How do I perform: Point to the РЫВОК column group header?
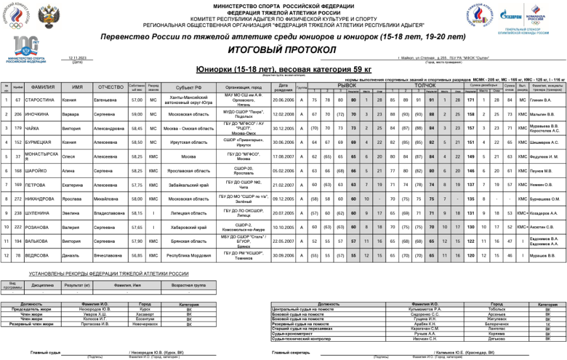346,84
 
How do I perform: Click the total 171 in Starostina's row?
469,100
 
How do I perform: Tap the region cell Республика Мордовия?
189,256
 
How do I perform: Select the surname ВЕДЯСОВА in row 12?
44,256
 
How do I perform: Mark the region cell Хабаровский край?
189,228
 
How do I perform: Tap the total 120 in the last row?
469,256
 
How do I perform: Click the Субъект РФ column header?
189,87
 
